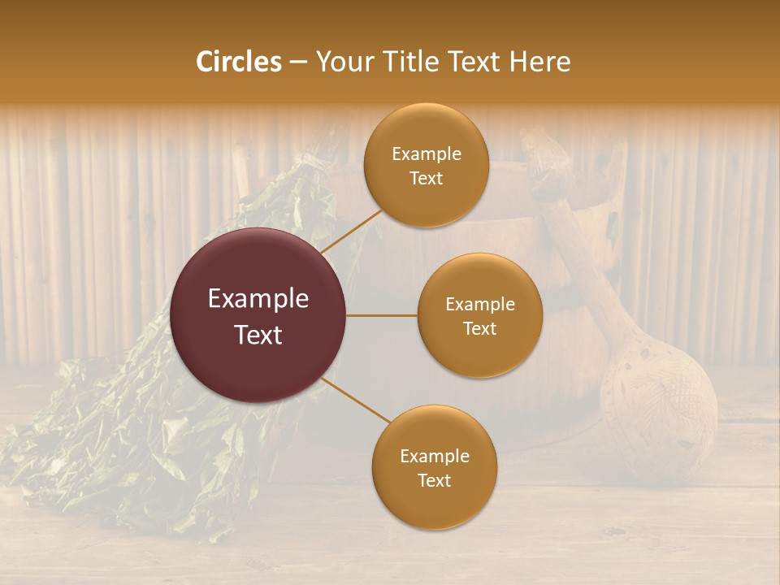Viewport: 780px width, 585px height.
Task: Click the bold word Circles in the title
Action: pos(239,62)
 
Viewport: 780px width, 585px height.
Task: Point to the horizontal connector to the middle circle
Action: pos(381,315)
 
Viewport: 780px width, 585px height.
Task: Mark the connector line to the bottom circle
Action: pos(356,400)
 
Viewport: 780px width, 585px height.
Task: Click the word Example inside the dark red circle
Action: pos(258,299)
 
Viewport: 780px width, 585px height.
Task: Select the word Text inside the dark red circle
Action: pos(258,335)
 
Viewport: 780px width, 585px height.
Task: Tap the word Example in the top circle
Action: pos(426,154)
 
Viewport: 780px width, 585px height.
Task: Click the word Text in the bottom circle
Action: pos(434,480)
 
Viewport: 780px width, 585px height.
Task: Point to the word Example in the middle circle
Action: pos(479,305)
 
